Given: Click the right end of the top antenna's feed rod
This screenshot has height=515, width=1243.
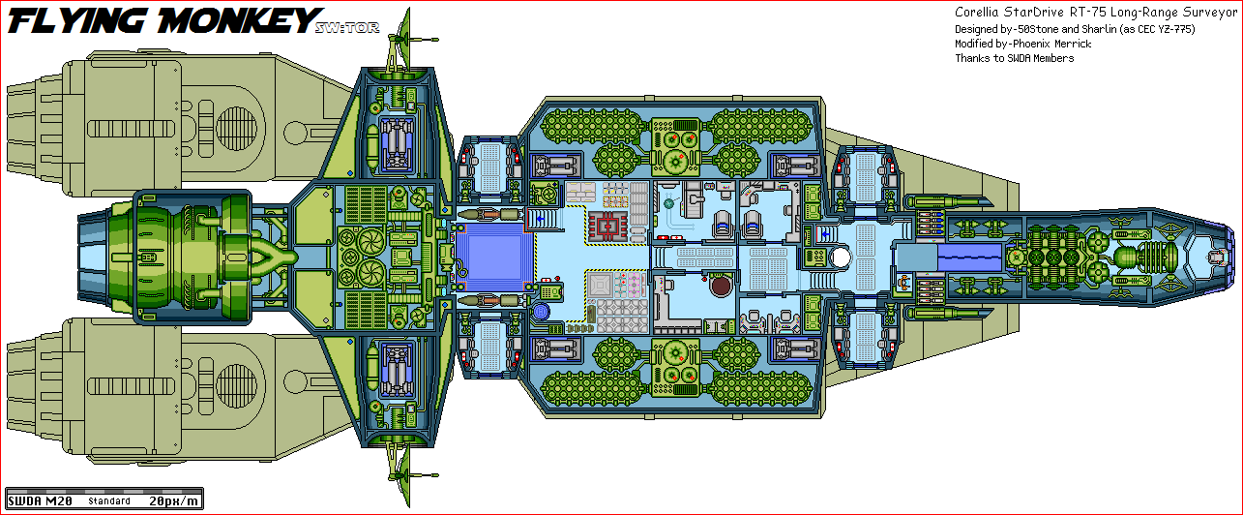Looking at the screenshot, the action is pos(438,40).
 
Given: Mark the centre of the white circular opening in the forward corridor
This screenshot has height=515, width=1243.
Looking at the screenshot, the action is pos(841,257).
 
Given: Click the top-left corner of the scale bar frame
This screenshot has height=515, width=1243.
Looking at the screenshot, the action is pos(5,488).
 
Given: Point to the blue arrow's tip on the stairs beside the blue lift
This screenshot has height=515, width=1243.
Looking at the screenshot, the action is pos(538,219).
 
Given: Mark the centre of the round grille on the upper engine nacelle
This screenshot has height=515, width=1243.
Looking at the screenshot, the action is pos(236,129).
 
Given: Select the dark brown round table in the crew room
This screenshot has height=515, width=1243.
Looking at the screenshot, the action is pos(721,287).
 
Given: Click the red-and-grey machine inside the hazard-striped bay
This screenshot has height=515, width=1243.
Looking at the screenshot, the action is pos(608,227).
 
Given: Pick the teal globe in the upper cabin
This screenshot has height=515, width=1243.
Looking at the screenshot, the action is pos(668,204).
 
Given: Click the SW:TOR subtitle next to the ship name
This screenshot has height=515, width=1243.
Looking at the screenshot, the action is pos(347,27).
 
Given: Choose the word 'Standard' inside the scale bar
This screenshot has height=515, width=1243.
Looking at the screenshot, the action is pos(109,501).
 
